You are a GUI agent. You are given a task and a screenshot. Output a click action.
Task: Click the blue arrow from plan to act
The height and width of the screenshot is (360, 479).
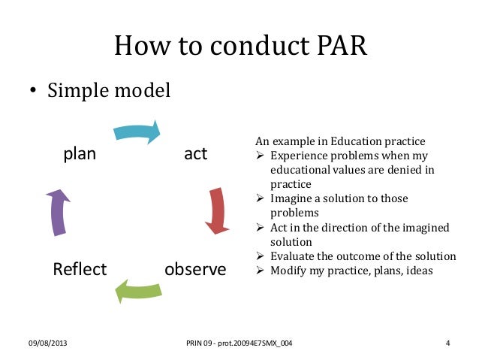coord(138,132)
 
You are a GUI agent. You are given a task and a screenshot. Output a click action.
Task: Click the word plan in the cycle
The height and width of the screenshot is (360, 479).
coord(80,154)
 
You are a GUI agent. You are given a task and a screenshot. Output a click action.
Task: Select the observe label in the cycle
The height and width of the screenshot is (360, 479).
coord(194,269)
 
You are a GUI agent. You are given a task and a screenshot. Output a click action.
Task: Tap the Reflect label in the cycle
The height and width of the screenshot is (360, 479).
coord(80,269)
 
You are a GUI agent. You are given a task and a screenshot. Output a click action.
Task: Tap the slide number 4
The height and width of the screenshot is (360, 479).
coord(447,344)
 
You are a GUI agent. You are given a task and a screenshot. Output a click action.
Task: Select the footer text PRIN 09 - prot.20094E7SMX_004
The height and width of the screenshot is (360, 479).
coord(239,344)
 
